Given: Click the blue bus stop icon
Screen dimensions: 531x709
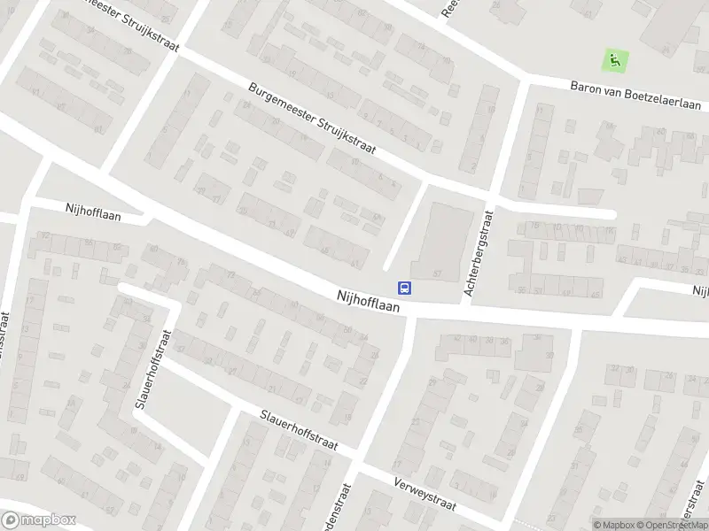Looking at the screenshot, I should [405, 287].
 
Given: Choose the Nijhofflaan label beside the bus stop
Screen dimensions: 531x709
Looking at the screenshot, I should [368, 303].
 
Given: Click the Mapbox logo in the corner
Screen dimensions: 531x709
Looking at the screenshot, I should [39, 520].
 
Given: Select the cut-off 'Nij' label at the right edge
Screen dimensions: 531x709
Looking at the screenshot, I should [701, 291].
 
